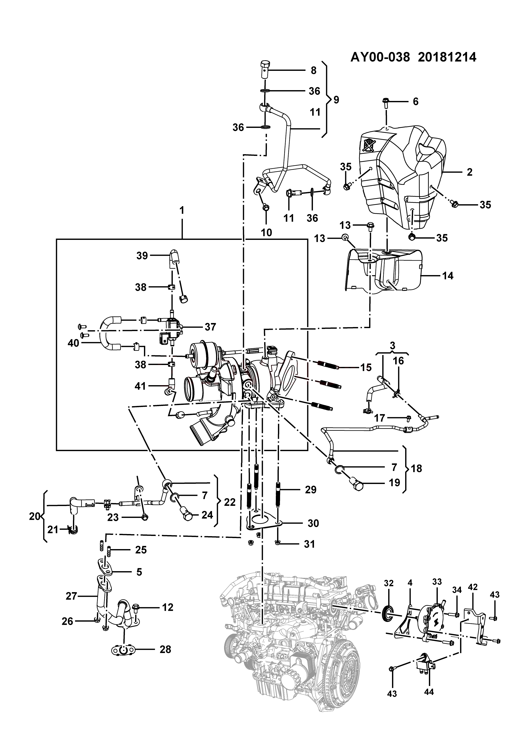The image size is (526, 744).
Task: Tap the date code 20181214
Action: (447, 57)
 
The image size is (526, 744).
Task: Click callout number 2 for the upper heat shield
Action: (470, 172)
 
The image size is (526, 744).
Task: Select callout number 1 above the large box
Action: (182, 211)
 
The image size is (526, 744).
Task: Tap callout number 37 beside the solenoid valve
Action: (211, 327)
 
